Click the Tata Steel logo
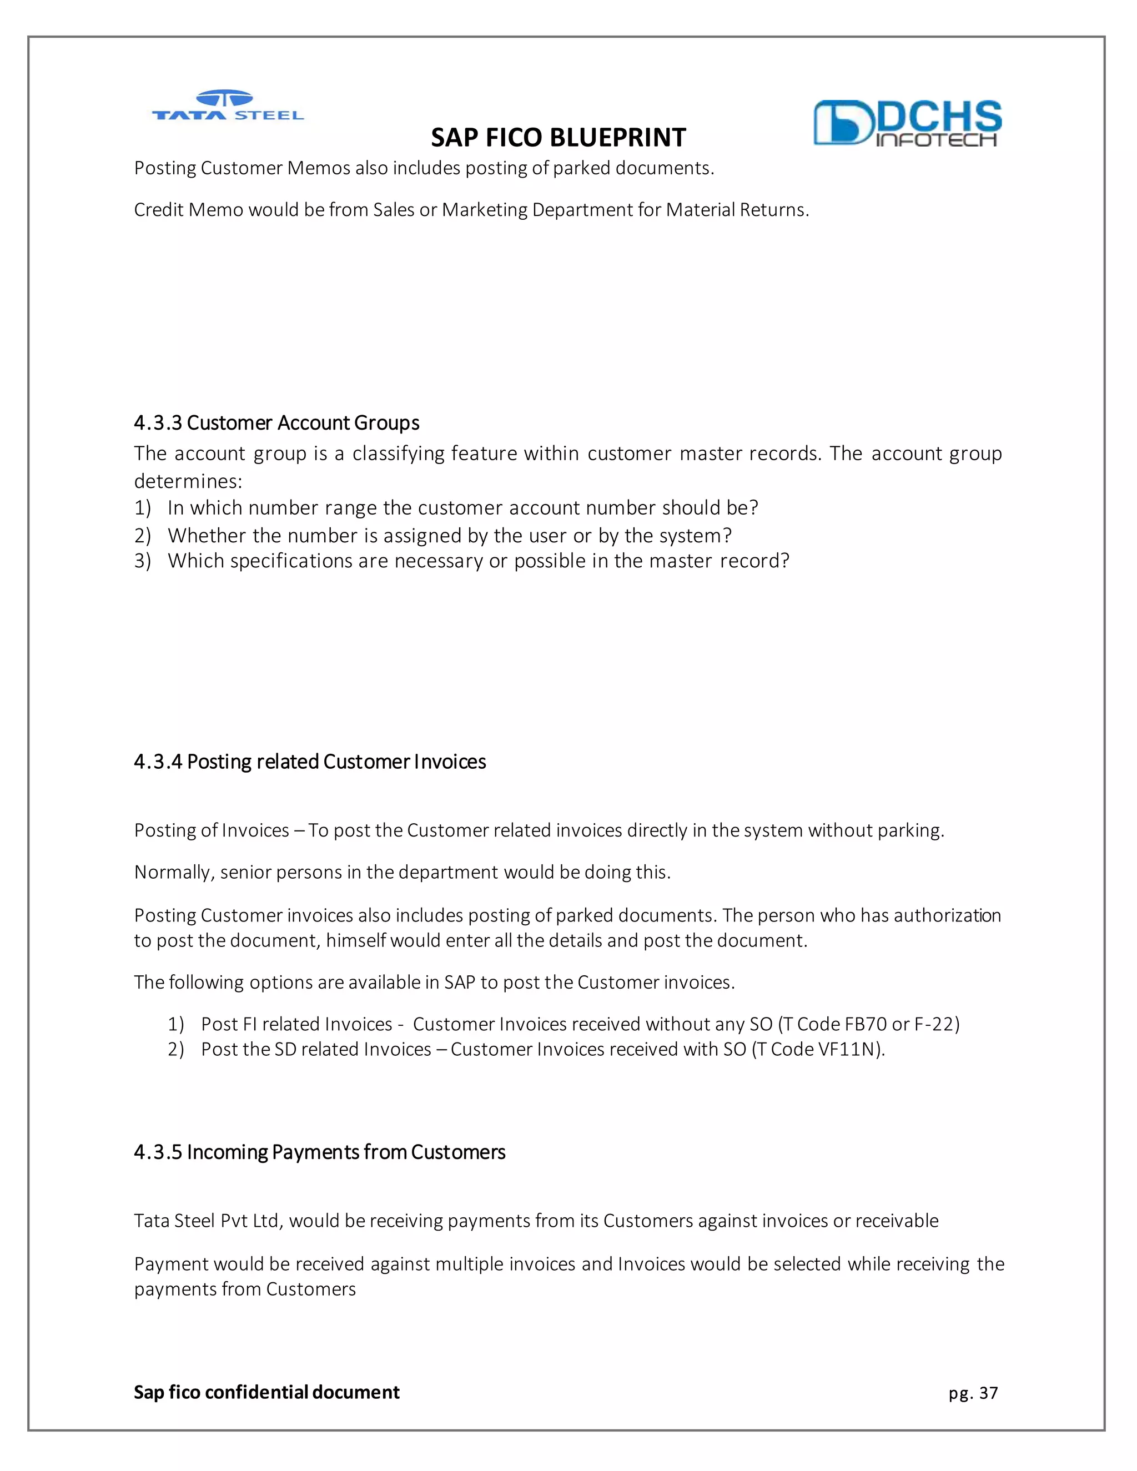click(227, 107)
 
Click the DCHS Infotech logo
click(907, 123)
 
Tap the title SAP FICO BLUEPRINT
click(558, 138)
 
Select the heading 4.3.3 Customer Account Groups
click(276, 423)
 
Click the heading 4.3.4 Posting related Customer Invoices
click(310, 762)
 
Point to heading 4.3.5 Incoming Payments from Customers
click(319, 1152)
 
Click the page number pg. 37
click(973, 1393)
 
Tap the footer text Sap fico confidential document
click(266, 1392)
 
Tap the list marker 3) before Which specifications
click(142, 561)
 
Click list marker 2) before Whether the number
click(142, 536)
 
